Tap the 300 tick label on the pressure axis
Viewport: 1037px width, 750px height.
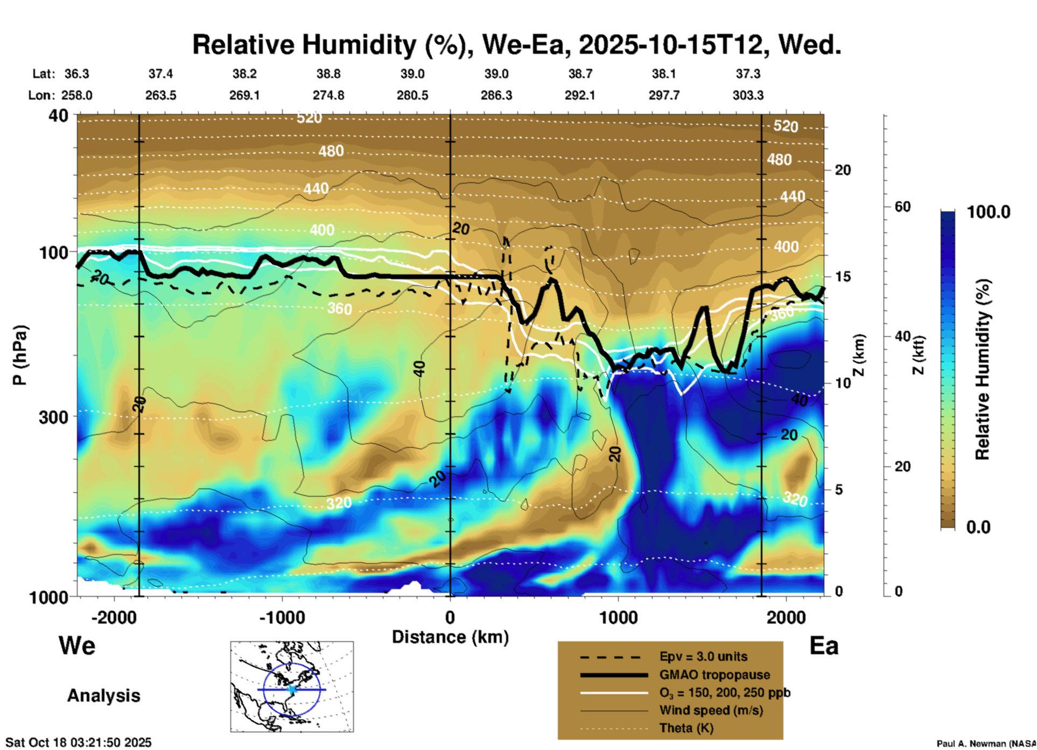[53, 417]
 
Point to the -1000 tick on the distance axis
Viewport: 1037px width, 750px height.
[282, 617]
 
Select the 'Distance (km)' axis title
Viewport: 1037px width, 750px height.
[450, 637]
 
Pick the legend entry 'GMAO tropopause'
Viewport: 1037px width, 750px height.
[714, 675]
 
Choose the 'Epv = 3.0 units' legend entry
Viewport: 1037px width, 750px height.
[703, 657]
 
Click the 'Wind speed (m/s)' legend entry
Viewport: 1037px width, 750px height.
[711, 710]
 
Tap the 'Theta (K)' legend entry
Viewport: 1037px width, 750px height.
[686, 728]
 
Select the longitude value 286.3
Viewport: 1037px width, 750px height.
[496, 95]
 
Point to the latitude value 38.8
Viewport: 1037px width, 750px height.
[328, 74]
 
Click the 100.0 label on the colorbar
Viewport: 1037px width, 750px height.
[989, 212]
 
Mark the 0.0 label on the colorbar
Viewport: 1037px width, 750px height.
[978, 527]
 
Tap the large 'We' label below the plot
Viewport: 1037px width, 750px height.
[77, 645]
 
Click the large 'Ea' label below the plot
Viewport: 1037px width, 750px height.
[824, 646]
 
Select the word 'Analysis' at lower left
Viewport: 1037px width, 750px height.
[103, 696]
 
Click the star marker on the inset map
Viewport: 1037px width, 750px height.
[292, 689]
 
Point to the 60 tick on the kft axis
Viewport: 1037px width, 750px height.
[902, 207]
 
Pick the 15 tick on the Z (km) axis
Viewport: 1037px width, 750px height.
[843, 277]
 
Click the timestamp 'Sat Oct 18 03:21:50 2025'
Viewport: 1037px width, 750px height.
[79, 742]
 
